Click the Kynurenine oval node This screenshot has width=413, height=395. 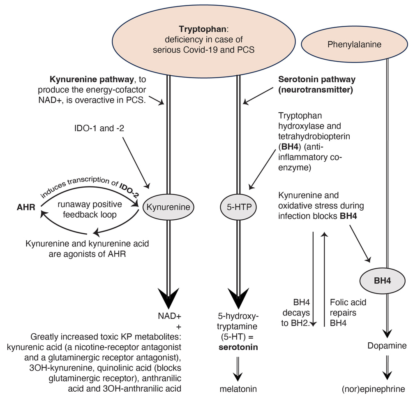[x=168, y=207]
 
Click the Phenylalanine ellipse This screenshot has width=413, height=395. [x=355, y=44]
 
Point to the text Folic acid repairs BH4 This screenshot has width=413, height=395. [x=348, y=313]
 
